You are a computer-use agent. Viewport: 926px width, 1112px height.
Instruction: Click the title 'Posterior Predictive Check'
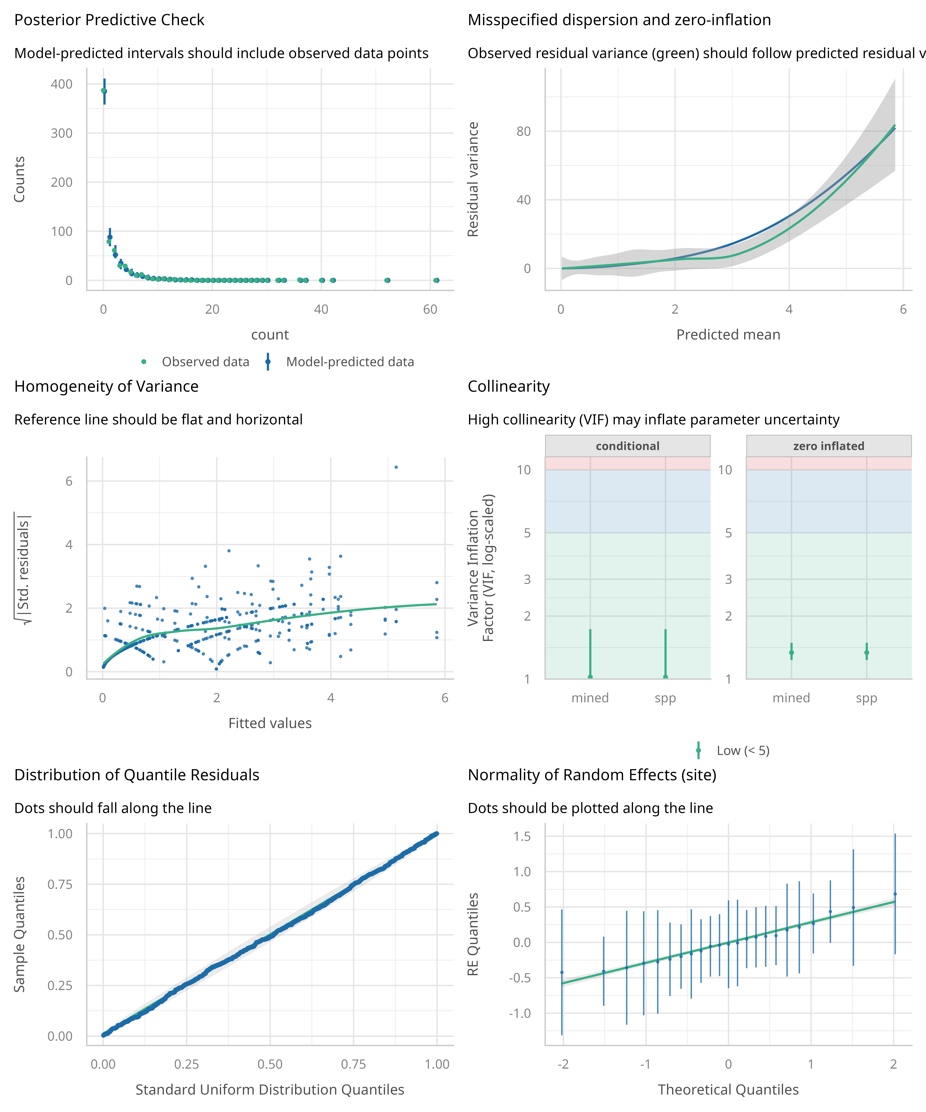pyautogui.click(x=109, y=20)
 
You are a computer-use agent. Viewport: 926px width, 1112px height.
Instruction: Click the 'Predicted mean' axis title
pyautogui.click(x=728, y=335)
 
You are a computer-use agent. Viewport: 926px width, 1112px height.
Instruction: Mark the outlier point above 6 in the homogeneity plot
pyautogui.click(x=396, y=467)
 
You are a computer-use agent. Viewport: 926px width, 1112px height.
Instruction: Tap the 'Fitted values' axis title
pyautogui.click(x=270, y=723)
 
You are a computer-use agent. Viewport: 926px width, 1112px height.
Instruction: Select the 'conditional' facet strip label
pyautogui.click(x=628, y=446)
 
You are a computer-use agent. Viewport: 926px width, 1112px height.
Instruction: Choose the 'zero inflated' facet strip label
pyautogui.click(x=829, y=446)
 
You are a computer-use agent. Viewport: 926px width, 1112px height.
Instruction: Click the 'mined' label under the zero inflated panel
pyautogui.click(x=791, y=698)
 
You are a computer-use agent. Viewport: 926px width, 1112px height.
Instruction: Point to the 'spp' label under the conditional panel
pyautogui.click(x=665, y=698)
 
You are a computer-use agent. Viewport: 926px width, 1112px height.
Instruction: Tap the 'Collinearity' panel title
pyautogui.click(x=509, y=387)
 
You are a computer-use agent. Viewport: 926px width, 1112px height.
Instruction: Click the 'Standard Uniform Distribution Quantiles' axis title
pyautogui.click(x=270, y=1090)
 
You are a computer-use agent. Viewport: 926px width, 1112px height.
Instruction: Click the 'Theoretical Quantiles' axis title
pyautogui.click(x=728, y=1090)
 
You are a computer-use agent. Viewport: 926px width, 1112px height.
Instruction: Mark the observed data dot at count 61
pyautogui.click(x=436, y=280)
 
